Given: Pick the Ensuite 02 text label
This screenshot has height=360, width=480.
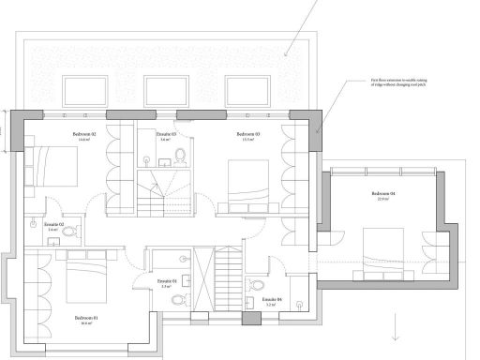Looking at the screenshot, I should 53,226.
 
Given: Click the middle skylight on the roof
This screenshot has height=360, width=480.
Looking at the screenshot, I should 168,89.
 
